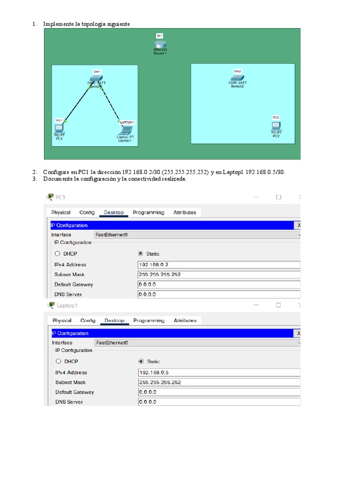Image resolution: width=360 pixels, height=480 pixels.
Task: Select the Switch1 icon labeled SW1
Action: [x=96, y=79]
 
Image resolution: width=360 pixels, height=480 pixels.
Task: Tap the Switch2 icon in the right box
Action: [x=237, y=78]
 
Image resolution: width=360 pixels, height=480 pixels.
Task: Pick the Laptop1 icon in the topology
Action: [x=126, y=130]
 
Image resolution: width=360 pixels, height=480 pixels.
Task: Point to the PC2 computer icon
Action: [x=276, y=125]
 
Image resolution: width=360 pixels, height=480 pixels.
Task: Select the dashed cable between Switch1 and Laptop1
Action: [x=110, y=103]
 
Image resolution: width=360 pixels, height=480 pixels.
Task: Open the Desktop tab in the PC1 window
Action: [x=114, y=212]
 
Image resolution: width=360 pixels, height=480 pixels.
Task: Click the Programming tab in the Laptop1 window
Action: [x=149, y=321]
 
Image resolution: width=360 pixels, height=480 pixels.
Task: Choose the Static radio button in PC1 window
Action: [x=141, y=254]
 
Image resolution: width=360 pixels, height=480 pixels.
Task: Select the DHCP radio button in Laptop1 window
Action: [x=59, y=361]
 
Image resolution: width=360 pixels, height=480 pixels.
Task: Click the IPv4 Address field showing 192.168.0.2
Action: [x=218, y=264]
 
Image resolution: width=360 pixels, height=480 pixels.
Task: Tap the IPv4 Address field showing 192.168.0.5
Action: [x=218, y=372]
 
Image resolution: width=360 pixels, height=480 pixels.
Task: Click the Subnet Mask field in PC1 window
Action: [x=218, y=274]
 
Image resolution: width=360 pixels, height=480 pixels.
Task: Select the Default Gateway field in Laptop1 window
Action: [x=218, y=392]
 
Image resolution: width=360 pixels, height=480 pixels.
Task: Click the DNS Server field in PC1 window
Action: [x=218, y=294]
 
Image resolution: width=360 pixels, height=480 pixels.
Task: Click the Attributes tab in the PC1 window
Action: [x=185, y=212]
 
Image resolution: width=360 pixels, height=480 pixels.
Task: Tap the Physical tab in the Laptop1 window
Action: [x=62, y=321]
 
